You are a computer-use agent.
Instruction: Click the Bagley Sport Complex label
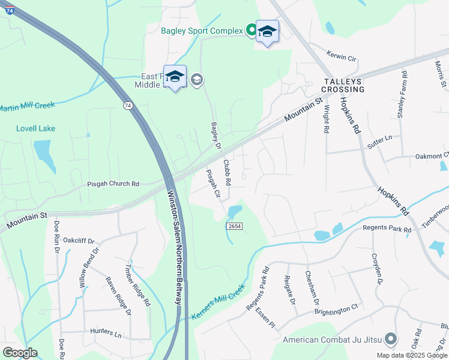201,31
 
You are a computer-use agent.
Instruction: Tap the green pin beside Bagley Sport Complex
251,31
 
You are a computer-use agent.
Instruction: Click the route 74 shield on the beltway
127,106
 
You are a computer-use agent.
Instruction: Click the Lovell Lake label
35,128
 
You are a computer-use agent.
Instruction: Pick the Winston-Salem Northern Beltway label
174,247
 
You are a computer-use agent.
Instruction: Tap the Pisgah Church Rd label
113,184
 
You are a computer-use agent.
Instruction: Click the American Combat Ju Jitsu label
333,340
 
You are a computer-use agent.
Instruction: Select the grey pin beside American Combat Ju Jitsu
391,340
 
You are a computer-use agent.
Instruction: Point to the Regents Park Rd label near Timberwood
387,229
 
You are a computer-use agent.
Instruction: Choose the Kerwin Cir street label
342,57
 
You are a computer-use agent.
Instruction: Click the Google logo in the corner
20,352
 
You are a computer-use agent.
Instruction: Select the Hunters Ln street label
106,331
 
